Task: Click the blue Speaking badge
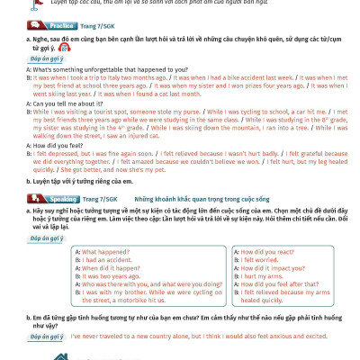tap(34, 197)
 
